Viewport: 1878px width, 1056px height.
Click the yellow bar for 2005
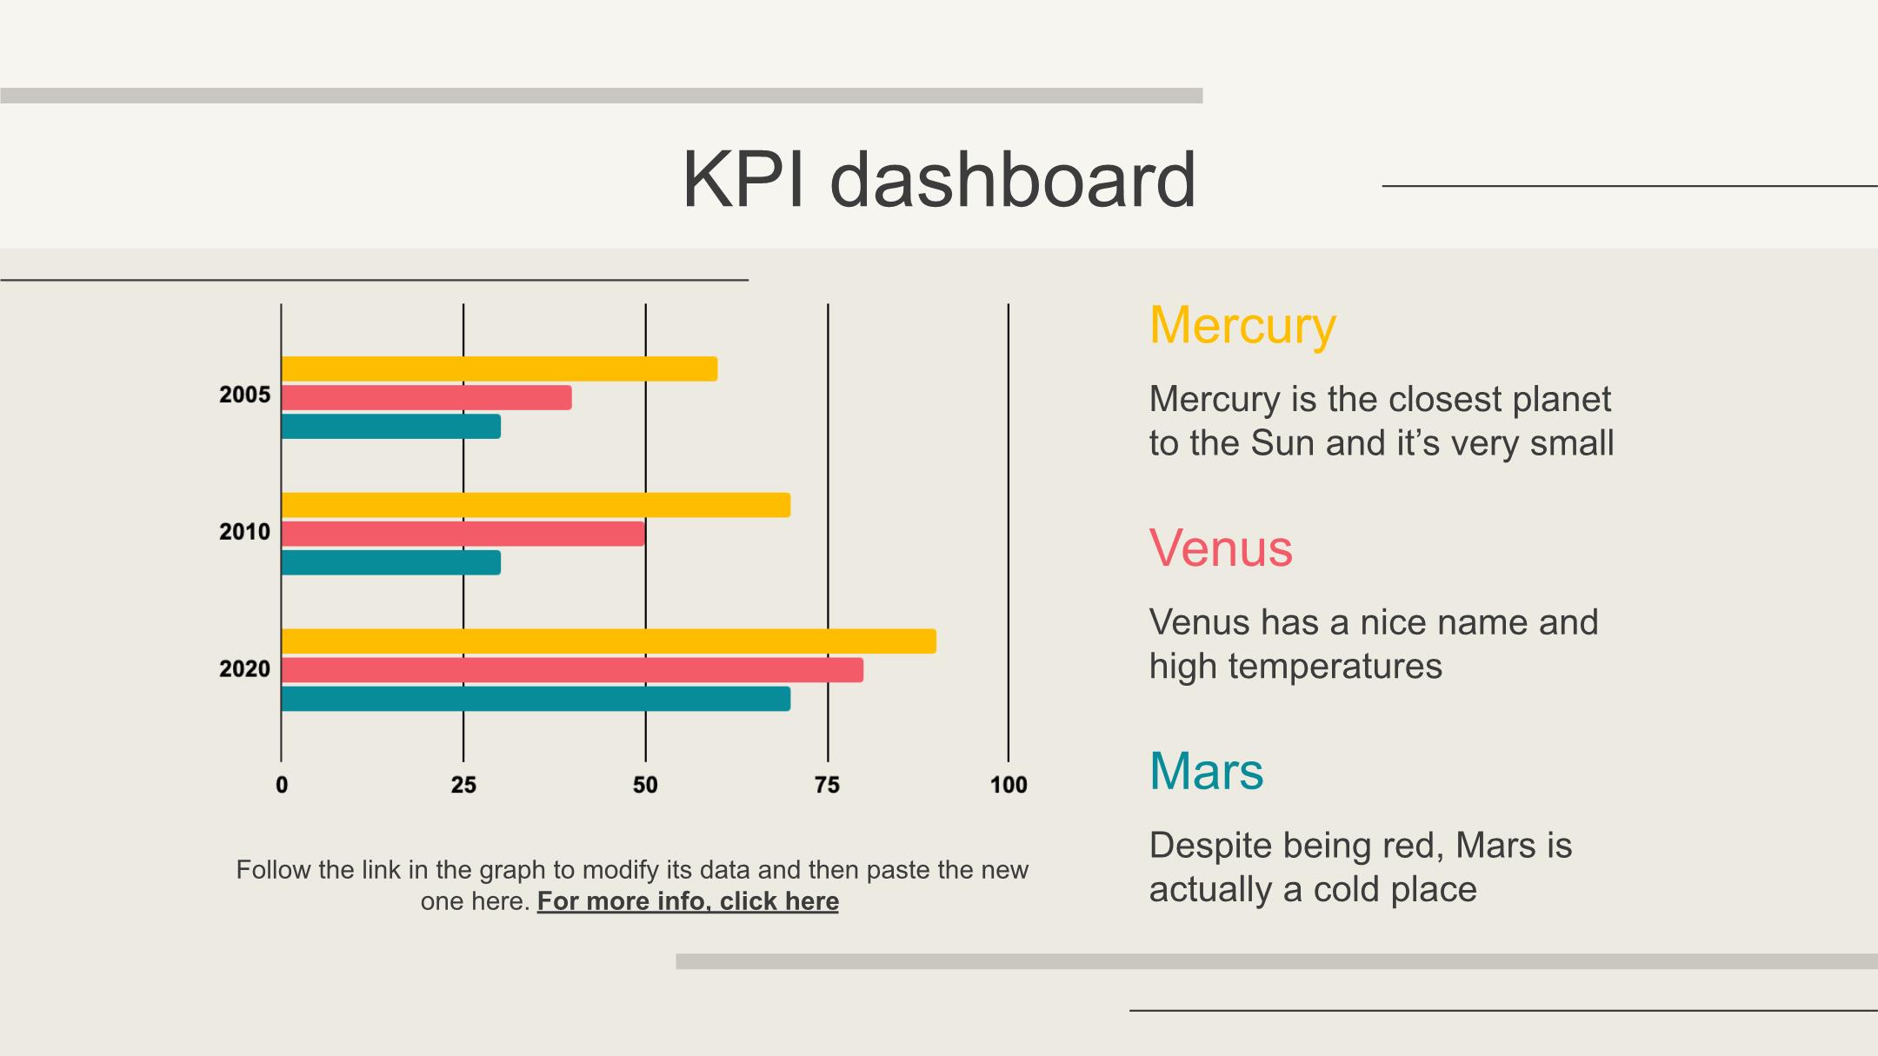[499, 369]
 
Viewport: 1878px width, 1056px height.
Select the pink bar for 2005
[426, 397]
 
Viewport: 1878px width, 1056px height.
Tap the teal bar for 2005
[390, 427]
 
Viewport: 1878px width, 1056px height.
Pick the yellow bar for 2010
[536, 505]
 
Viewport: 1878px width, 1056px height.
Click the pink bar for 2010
[463, 534]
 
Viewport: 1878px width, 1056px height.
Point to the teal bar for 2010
[390, 563]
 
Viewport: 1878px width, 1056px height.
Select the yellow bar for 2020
[609, 641]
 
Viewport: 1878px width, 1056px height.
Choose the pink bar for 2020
[572, 670]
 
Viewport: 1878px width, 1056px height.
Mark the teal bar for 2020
[536, 699]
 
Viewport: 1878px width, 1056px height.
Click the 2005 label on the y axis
[244, 395]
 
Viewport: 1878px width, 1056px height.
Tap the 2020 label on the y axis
[244, 669]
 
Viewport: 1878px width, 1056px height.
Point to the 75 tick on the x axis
[827, 786]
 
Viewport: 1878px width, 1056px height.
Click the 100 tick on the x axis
[1009, 786]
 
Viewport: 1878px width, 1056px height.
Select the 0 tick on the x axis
[282, 786]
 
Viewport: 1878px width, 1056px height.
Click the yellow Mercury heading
[1242, 326]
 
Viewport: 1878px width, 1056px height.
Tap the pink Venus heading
[1221, 548]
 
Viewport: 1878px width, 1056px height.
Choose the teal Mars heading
[1206, 771]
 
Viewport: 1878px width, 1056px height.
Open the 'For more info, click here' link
[688, 901]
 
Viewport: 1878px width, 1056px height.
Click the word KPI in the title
[743, 180]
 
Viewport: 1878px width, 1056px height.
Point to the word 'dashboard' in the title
[1013, 180]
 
